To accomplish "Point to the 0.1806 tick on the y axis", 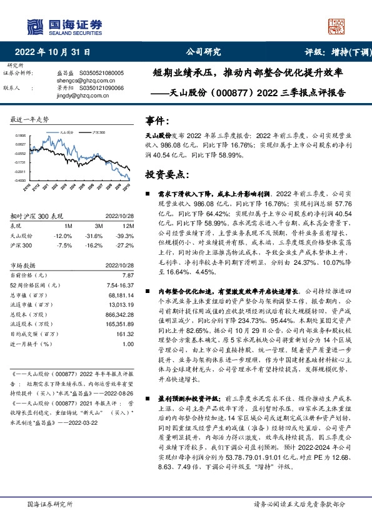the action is pyautogui.click(x=20, y=135).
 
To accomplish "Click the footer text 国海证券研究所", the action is pyautogui.click(x=50, y=504).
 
